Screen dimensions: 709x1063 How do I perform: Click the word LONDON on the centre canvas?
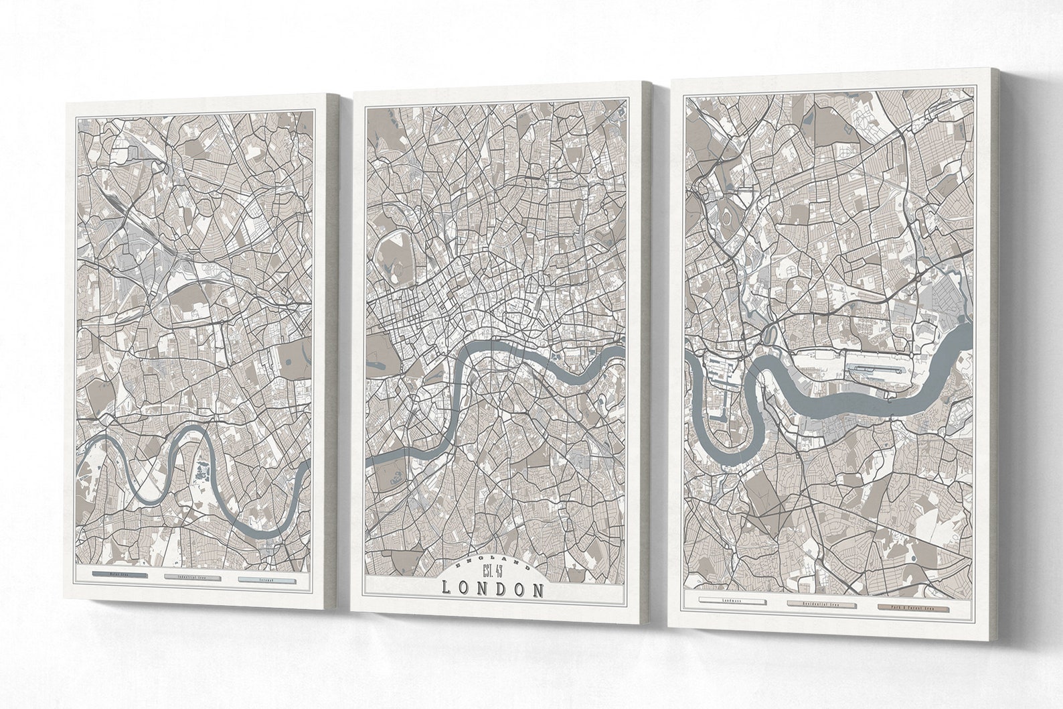coord(493,590)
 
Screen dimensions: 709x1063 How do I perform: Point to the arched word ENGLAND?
coord(493,561)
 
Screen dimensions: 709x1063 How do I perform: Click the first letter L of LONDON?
coord(446,590)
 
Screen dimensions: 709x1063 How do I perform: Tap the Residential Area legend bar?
coord(821,604)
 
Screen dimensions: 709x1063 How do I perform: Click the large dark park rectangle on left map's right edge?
coord(295,359)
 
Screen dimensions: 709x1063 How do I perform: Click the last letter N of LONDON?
coord(538,590)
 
